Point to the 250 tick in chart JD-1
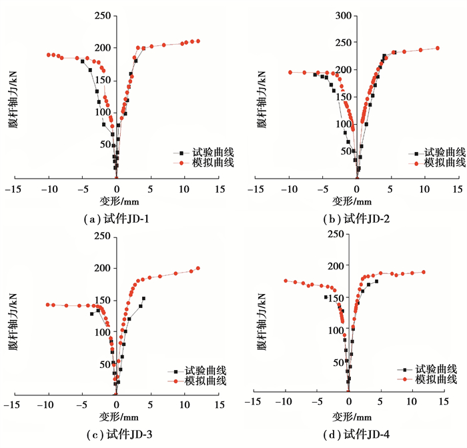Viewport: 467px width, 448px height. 101,15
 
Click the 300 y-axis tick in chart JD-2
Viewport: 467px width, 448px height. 342,15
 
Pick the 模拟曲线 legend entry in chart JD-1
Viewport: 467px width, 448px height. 202,163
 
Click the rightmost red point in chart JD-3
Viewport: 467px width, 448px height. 198,268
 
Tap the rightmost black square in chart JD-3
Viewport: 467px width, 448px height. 143,299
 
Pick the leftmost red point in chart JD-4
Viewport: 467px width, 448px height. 286,281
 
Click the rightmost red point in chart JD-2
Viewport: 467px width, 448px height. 438,48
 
